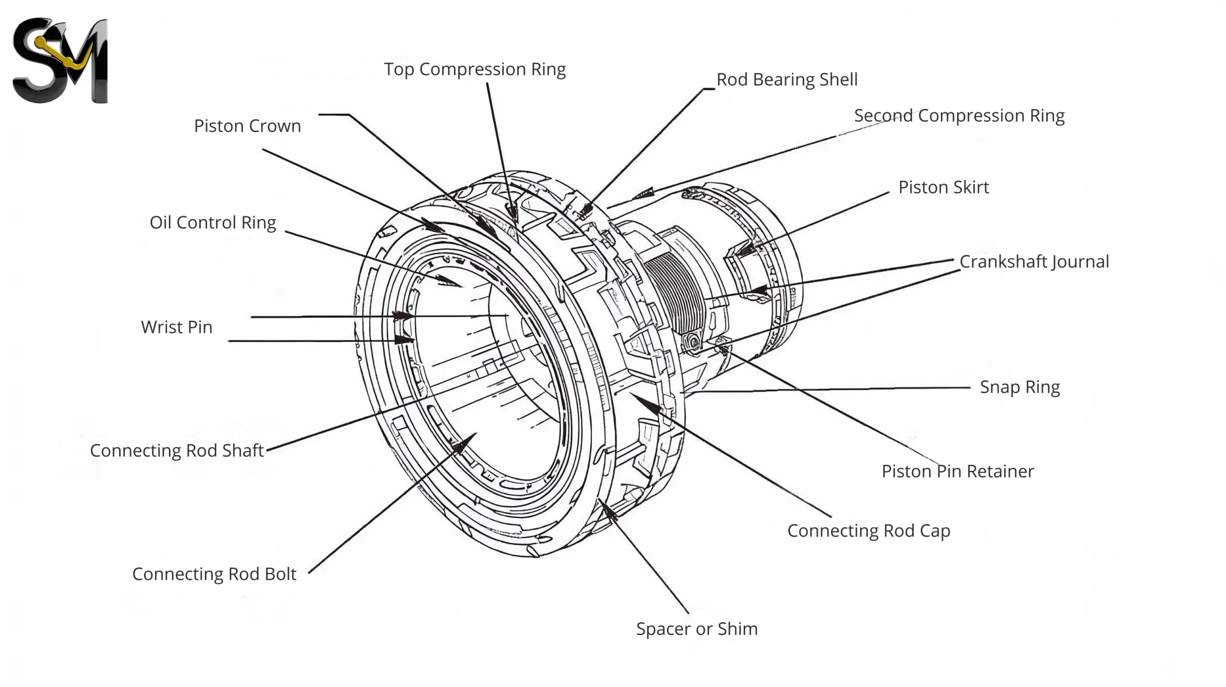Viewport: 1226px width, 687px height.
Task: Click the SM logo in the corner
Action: coord(60,60)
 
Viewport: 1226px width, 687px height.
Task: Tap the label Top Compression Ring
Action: coord(475,69)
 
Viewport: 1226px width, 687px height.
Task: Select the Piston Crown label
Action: coord(247,126)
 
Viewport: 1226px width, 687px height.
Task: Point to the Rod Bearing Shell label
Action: coord(786,80)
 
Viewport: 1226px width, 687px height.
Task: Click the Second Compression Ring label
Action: coord(959,116)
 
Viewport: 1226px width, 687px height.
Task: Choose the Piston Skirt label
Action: coord(943,187)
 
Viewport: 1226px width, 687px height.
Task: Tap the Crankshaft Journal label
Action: coord(1034,262)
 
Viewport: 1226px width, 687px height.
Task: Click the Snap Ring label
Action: coord(1020,387)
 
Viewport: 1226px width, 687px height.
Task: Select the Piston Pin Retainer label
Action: coord(957,471)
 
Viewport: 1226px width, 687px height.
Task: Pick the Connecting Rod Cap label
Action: coord(868,531)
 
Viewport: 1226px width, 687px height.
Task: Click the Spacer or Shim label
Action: coord(696,629)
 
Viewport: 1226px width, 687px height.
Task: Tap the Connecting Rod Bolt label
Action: coord(214,574)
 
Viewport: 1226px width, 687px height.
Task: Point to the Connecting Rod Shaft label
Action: coord(177,451)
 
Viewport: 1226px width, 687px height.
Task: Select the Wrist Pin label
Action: coord(176,327)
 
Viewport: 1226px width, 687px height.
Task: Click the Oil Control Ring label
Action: coord(213,223)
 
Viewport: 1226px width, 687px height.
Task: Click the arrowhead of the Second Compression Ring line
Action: coord(643,194)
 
